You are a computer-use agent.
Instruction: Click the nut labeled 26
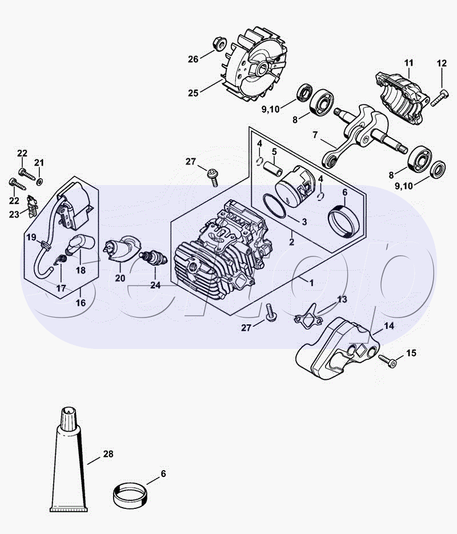point(220,43)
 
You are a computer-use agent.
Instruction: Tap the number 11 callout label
point(408,63)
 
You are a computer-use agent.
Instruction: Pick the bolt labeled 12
point(439,98)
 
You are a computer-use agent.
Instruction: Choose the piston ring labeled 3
point(274,206)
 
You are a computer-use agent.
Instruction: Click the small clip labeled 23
point(33,206)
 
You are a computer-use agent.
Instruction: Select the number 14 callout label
point(389,326)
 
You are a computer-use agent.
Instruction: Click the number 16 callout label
point(81,303)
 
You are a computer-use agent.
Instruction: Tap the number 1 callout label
point(311,283)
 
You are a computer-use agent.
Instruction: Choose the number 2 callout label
point(291,242)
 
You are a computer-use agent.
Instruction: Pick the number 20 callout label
point(120,278)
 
